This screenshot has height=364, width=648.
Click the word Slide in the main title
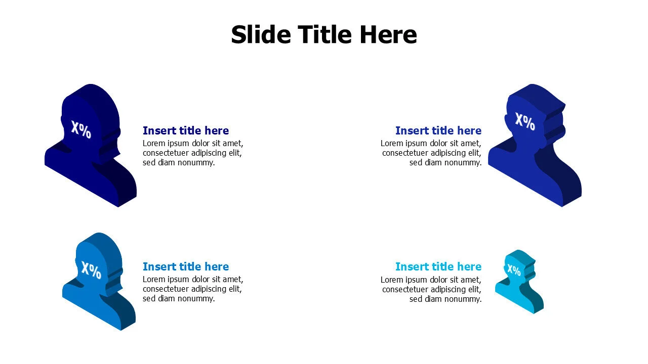(261, 35)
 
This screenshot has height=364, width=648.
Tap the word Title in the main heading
(325, 35)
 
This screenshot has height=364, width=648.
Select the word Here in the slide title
(388, 35)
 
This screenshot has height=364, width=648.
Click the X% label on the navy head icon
(82, 130)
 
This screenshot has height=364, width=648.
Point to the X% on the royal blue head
(525, 122)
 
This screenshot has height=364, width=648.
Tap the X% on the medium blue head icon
(91, 270)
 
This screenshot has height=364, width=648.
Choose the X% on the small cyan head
(514, 270)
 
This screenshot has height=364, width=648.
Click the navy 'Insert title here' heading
(186, 130)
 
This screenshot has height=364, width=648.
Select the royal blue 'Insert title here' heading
(438, 130)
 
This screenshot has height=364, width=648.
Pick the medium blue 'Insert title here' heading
(186, 266)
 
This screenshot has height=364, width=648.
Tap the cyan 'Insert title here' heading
(438, 266)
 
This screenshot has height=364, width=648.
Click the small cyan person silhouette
(519, 282)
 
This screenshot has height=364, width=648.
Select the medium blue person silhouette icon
(99, 281)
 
